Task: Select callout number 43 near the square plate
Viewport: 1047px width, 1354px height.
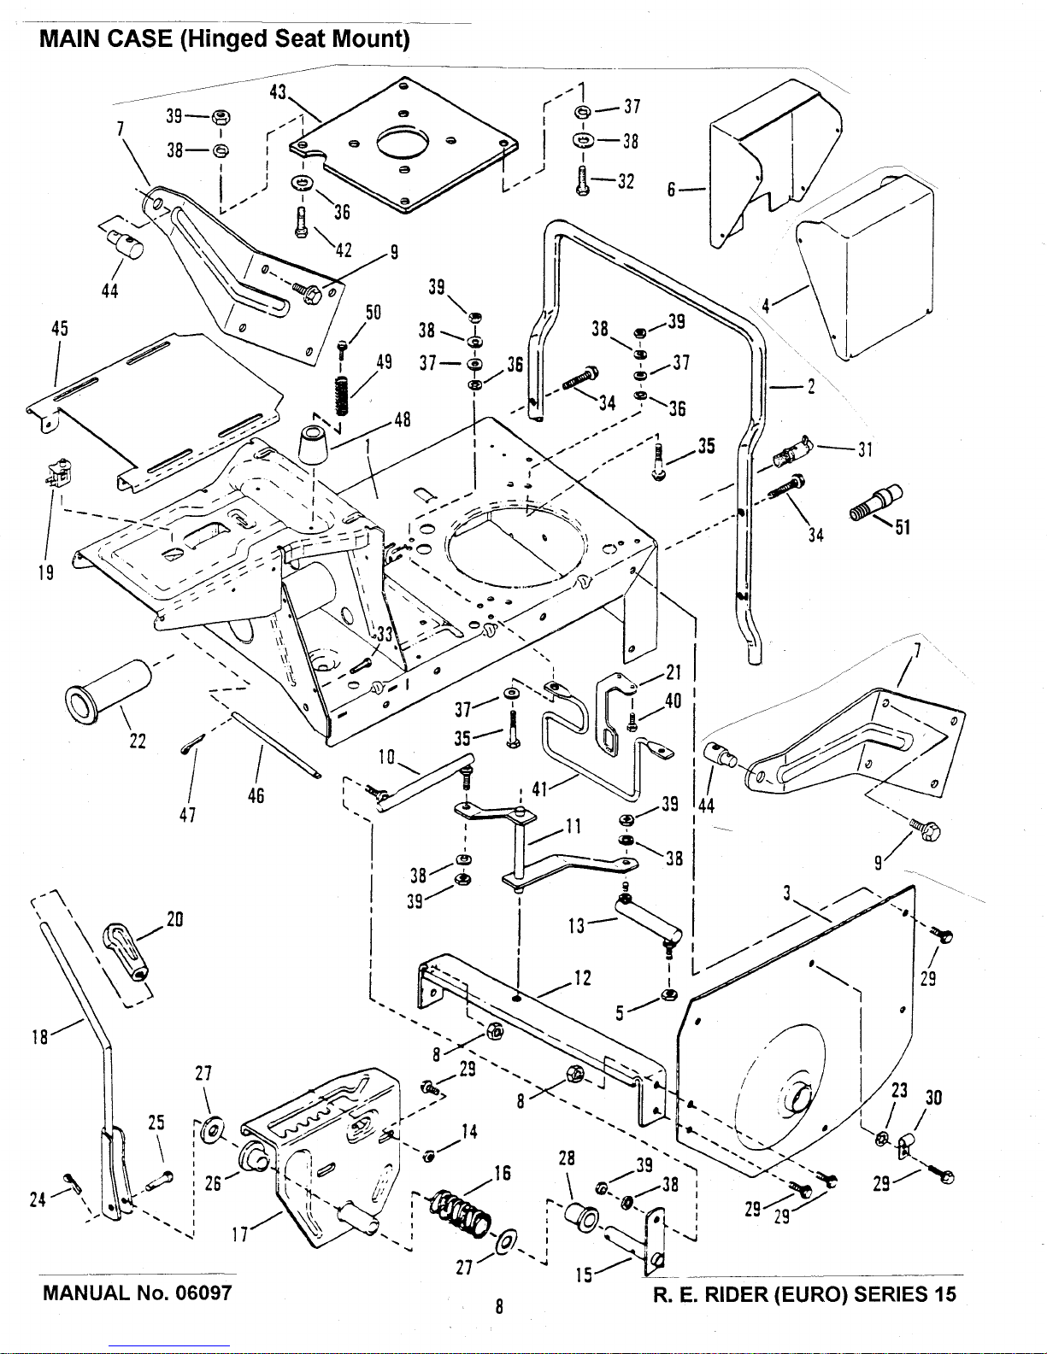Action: [278, 92]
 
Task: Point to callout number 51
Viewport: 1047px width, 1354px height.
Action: [903, 527]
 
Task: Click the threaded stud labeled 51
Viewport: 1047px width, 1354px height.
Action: [875, 503]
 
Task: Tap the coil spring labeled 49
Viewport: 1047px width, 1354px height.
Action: [341, 396]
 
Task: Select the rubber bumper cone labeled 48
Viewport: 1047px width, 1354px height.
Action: [314, 445]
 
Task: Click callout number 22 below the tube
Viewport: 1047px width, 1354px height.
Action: [138, 741]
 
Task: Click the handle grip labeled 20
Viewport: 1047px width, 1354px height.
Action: [126, 952]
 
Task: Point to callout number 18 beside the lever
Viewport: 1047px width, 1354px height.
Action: [40, 1037]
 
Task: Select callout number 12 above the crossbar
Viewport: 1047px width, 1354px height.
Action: [582, 978]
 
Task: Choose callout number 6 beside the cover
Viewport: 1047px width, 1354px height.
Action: [671, 190]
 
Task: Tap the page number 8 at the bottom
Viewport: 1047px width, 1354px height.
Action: [499, 1306]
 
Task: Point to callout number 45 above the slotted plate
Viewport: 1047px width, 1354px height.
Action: [60, 328]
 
